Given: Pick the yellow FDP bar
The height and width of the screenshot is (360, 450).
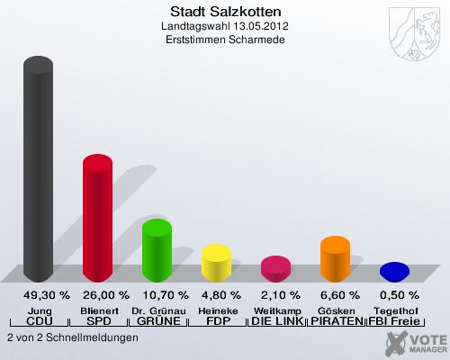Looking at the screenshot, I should tap(216, 262).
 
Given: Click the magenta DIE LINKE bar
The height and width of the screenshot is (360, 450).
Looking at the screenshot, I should tap(275, 267).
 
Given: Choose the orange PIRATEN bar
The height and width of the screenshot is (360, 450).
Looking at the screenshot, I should tap(335, 258).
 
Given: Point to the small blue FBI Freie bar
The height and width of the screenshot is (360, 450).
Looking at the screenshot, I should tap(394, 270).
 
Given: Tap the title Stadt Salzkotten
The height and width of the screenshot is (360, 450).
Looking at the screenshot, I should tap(225, 13).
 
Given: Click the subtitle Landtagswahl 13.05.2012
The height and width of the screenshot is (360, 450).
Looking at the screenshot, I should tap(225, 27).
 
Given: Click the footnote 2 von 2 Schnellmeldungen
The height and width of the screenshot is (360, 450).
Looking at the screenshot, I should tap(72, 337).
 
